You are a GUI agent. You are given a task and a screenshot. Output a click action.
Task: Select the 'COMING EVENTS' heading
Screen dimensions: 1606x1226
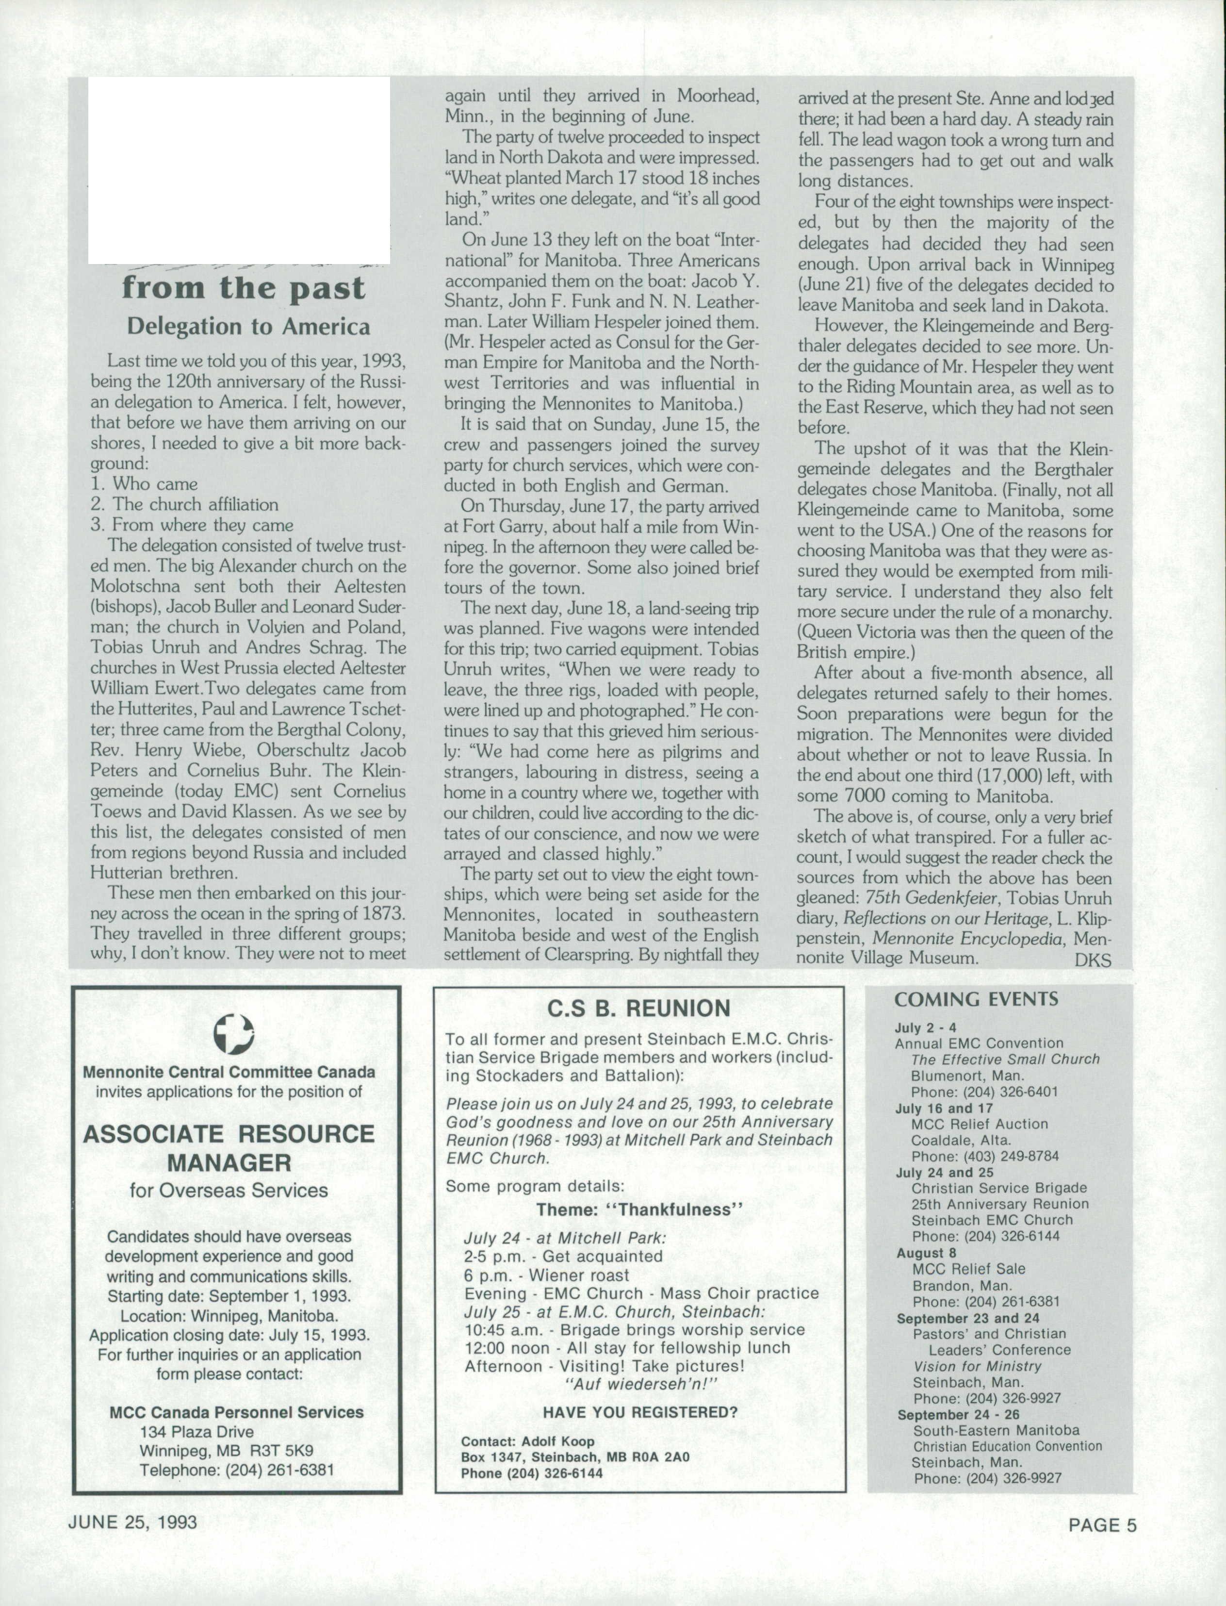pyautogui.click(x=977, y=999)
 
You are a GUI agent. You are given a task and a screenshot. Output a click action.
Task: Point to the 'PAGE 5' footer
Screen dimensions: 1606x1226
pyautogui.click(x=1102, y=1524)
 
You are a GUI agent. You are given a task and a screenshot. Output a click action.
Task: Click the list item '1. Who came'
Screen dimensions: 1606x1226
pyautogui.click(x=145, y=484)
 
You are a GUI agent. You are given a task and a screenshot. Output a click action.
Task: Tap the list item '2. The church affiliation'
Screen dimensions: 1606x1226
pyautogui.click(x=185, y=504)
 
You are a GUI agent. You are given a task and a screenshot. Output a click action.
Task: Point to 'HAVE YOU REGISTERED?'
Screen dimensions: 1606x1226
pyautogui.click(x=640, y=1412)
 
